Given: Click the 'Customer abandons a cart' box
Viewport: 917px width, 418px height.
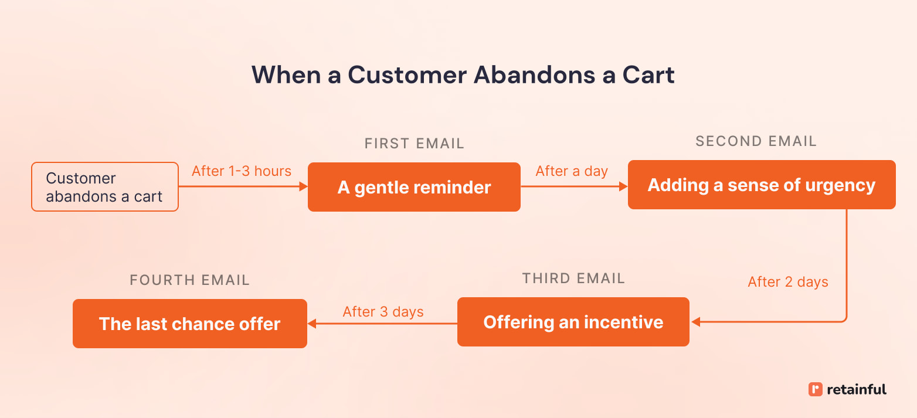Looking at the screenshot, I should click(104, 187).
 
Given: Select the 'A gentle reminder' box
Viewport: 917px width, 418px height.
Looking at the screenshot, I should click(414, 187).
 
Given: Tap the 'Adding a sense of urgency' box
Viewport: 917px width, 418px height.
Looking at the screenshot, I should click(761, 185).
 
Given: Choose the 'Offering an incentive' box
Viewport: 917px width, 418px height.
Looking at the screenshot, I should click(573, 322).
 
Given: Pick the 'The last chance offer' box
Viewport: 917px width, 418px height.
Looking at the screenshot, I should click(189, 324).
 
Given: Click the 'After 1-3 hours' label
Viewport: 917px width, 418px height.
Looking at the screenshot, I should click(242, 171).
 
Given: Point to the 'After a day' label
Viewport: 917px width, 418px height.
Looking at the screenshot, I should click(572, 171).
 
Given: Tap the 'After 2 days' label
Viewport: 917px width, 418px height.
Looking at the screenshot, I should click(787, 282).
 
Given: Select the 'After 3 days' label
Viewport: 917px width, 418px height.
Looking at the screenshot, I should click(383, 311).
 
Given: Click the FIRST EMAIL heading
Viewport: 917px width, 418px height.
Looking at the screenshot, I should click(414, 144).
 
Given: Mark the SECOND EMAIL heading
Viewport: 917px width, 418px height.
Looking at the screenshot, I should click(756, 141).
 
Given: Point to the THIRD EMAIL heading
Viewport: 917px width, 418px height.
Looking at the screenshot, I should click(573, 278).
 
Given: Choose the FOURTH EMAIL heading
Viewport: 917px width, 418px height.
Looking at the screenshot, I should click(189, 280).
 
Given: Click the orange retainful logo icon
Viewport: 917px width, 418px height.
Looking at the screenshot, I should click(815, 389).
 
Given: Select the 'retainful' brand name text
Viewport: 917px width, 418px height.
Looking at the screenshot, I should click(857, 389).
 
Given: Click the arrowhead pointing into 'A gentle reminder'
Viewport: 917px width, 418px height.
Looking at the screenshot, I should click(304, 187).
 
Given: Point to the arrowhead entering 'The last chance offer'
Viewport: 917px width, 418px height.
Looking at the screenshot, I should click(312, 324).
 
